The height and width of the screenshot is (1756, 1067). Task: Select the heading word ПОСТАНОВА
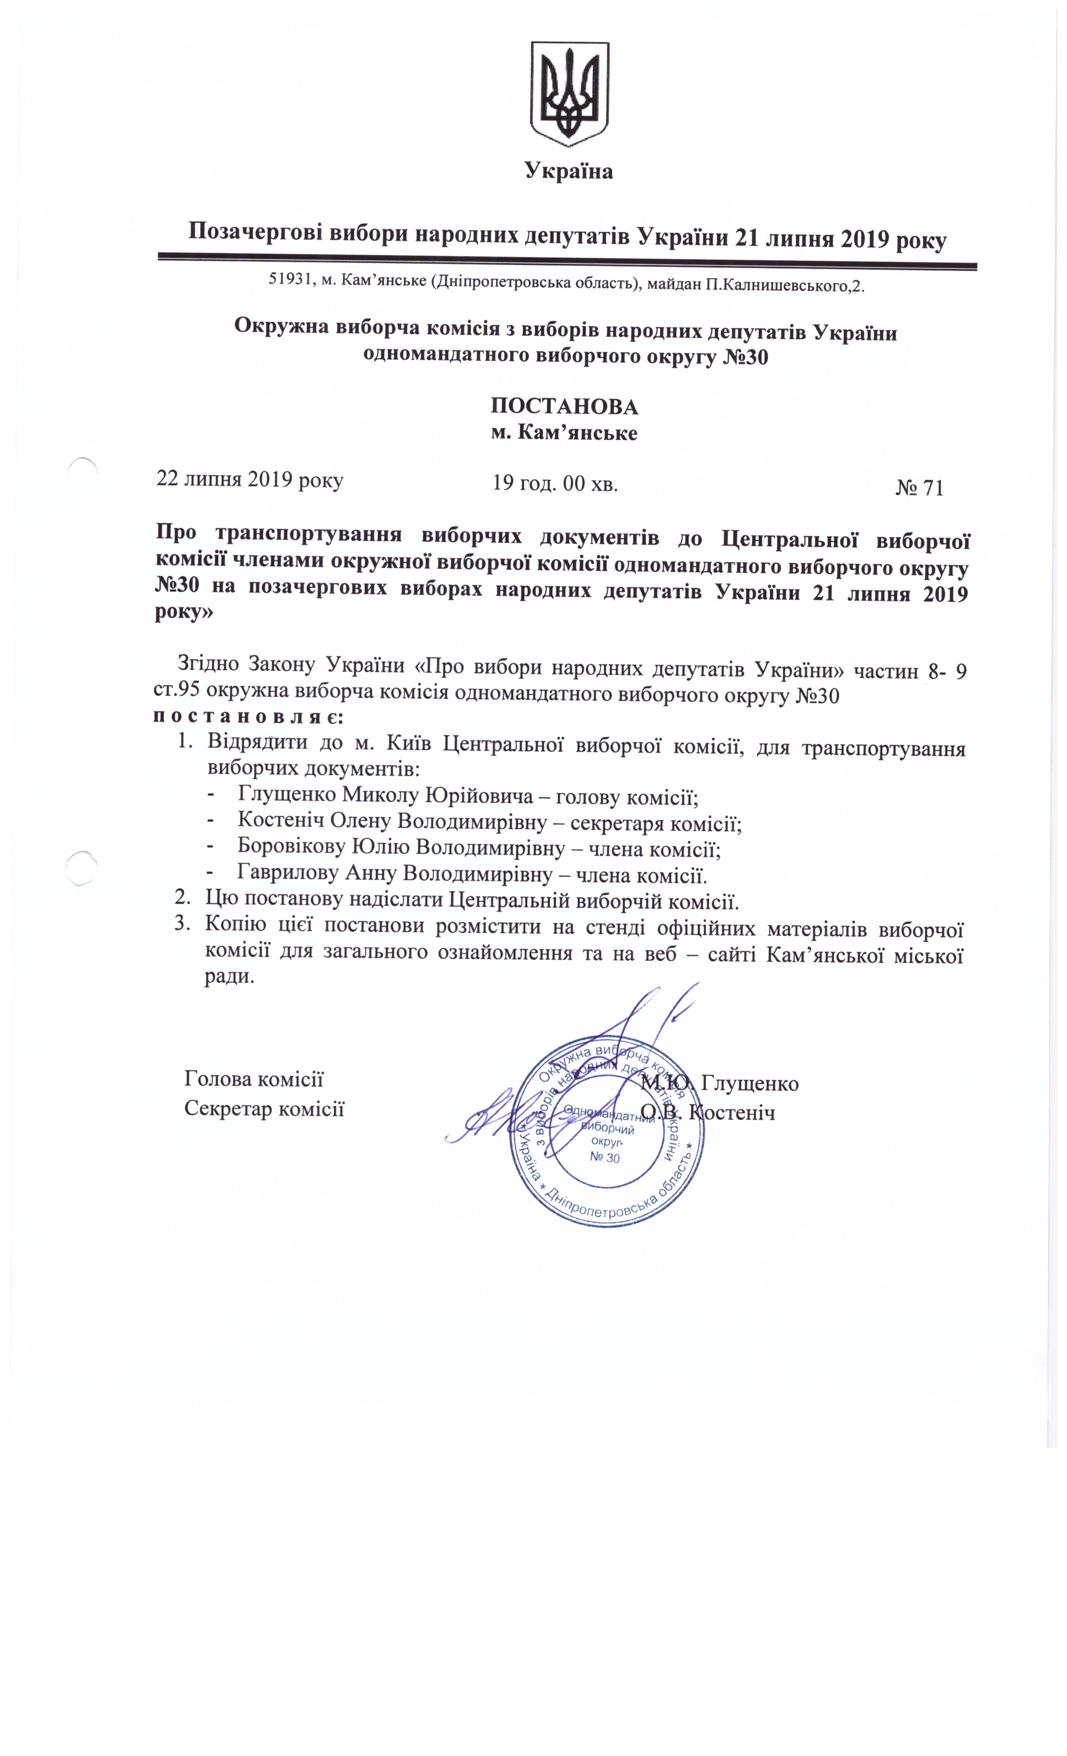[x=564, y=406]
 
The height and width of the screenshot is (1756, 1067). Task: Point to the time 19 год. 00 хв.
[x=554, y=484]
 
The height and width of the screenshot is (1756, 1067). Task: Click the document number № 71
[x=919, y=487]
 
